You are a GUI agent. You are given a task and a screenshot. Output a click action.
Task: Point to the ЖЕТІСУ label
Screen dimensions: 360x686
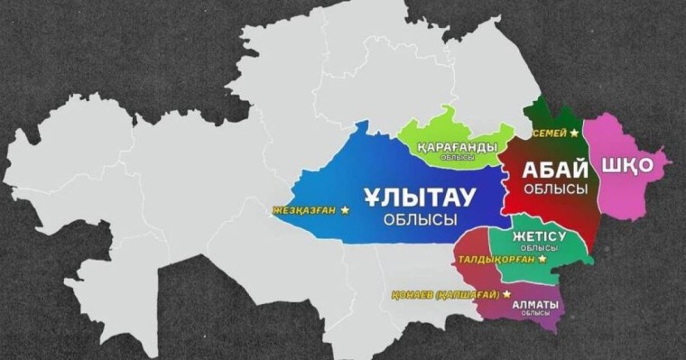tap(538, 236)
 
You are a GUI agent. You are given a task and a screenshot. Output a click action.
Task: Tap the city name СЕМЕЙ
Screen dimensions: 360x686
tap(550, 134)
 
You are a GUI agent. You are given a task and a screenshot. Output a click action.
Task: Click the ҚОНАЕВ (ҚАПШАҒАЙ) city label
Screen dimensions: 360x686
tap(446, 294)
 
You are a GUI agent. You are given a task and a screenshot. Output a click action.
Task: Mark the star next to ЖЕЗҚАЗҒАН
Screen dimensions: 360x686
tap(345, 210)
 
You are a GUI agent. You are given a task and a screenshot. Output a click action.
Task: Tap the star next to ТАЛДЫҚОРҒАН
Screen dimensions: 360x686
tap(542, 259)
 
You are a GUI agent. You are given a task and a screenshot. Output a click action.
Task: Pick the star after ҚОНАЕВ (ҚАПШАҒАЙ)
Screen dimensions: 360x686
tap(506, 293)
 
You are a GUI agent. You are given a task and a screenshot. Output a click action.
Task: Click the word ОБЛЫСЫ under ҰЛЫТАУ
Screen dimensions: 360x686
tap(419, 219)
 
